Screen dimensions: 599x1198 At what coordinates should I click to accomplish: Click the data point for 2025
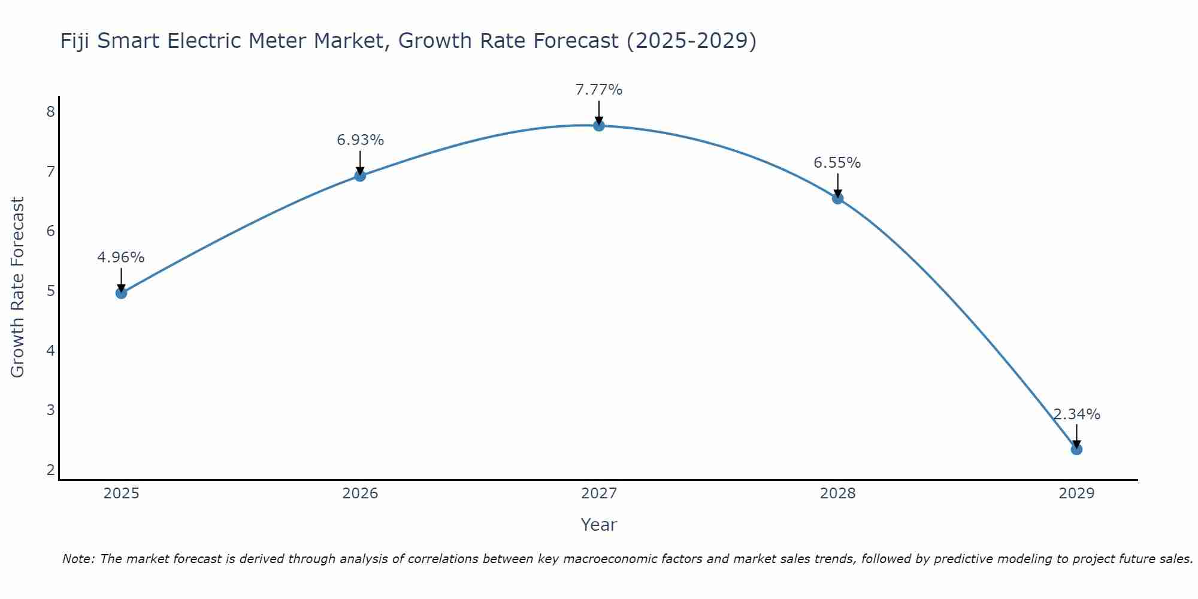(x=121, y=293)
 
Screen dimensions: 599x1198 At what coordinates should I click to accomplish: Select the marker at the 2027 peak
(x=598, y=125)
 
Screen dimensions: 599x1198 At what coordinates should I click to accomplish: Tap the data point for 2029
(x=1076, y=449)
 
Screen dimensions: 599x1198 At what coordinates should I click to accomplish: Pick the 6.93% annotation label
(x=360, y=140)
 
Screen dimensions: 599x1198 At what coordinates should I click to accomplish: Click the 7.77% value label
(x=598, y=90)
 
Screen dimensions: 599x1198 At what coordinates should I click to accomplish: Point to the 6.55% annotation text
(x=837, y=163)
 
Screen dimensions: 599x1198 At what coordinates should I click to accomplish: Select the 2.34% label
(x=1076, y=415)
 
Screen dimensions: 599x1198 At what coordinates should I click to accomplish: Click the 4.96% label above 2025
(x=121, y=258)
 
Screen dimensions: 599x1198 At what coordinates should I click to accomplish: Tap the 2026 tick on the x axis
(x=360, y=494)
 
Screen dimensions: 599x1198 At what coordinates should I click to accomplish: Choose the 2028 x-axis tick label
(x=837, y=494)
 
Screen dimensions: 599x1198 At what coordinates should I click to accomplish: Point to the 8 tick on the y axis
(x=51, y=112)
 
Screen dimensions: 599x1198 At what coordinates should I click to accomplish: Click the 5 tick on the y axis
(x=51, y=291)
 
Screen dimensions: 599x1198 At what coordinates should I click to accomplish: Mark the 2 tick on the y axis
(x=51, y=470)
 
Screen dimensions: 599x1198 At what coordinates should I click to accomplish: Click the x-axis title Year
(x=598, y=525)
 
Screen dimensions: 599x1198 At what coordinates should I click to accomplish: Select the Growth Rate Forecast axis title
(x=18, y=288)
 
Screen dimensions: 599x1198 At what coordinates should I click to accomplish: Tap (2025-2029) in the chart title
(x=691, y=41)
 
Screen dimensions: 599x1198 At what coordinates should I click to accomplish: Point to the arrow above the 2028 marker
(x=837, y=184)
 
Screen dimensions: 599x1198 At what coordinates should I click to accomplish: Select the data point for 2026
(x=360, y=176)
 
